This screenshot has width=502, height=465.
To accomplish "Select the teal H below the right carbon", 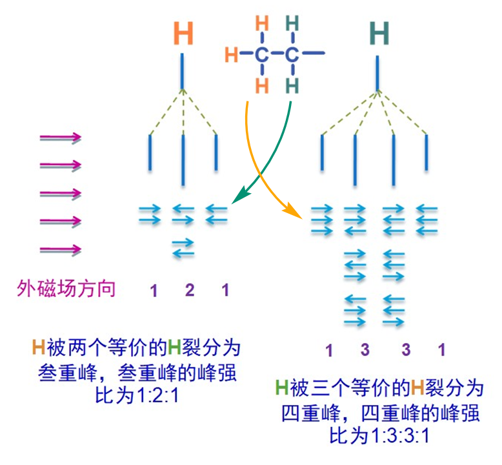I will [x=292, y=85].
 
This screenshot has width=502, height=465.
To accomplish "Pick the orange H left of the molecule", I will [x=231, y=55].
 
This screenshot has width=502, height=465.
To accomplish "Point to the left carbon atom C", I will [x=261, y=54].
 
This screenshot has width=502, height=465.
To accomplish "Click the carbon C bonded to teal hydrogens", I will [x=292, y=54].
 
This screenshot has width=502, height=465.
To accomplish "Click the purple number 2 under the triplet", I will [x=189, y=290].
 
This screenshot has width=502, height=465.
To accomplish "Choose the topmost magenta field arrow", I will [x=61, y=137].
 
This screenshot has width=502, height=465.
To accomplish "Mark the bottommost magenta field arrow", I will [x=61, y=249].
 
